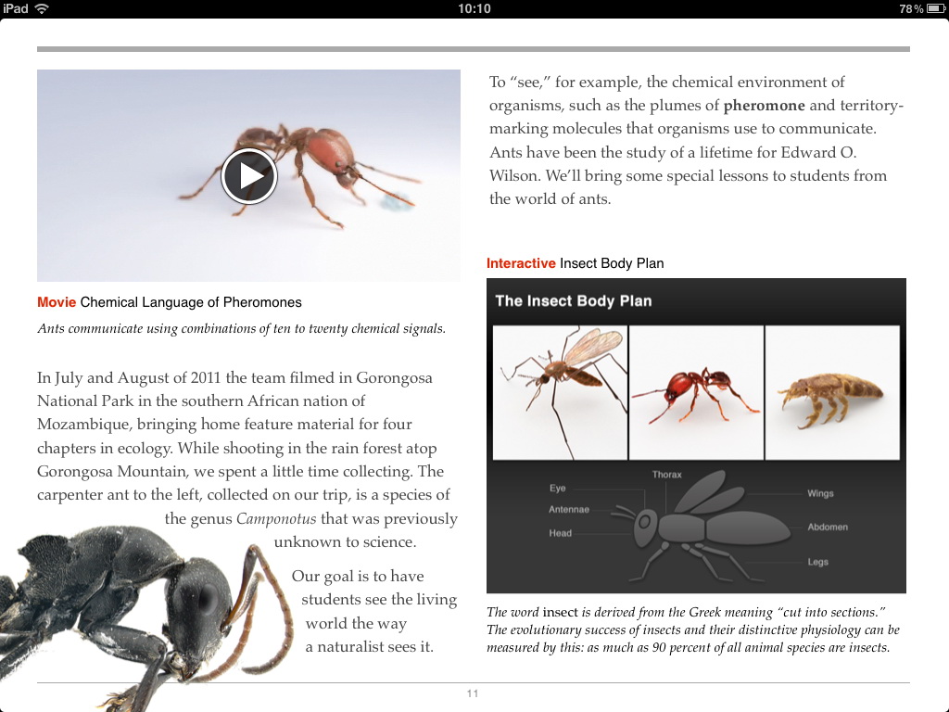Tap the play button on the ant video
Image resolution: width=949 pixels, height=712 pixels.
click(249, 175)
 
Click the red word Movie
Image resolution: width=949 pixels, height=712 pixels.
click(57, 302)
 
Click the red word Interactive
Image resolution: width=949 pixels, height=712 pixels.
click(521, 263)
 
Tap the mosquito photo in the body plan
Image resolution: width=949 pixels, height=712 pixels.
click(559, 391)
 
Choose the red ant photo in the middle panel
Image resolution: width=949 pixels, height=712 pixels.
click(696, 391)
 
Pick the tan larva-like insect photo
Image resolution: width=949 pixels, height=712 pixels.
click(832, 391)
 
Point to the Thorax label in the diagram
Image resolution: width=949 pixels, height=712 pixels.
click(666, 475)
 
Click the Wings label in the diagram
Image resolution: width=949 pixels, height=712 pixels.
click(820, 493)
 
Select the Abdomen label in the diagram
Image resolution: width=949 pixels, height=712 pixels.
click(828, 527)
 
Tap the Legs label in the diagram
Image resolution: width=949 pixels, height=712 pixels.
click(817, 562)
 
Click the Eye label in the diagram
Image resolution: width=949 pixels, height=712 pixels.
click(557, 488)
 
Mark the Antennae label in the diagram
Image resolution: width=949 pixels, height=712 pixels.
click(569, 509)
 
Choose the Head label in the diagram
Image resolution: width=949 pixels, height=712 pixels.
click(561, 533)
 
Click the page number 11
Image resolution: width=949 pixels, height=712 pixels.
click(473, 693)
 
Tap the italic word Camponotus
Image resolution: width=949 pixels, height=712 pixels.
click(276, 519)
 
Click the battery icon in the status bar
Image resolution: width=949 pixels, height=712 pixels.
click(934, 8)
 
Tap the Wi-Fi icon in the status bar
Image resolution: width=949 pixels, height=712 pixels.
click(42, 8)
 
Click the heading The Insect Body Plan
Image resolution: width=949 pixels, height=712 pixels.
click(574, 300)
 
